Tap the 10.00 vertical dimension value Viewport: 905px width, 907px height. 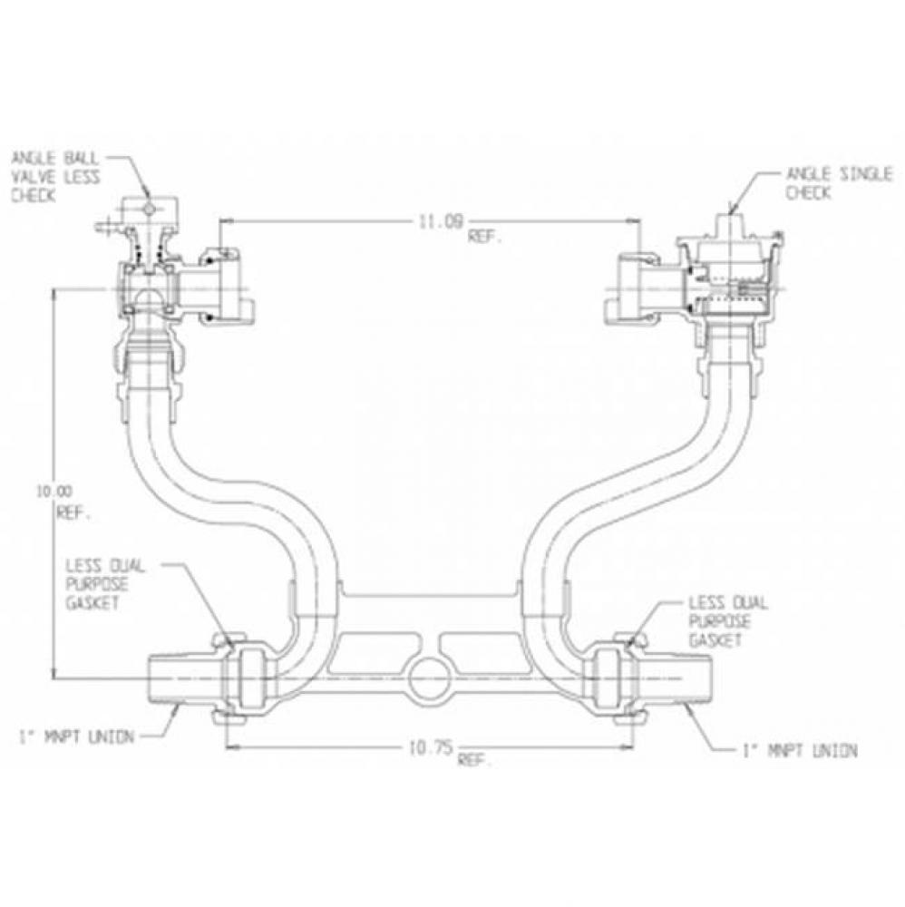pyautogui.click(x=53, y=493)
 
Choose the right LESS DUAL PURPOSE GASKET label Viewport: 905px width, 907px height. pyautogui.click(x=726, y=621)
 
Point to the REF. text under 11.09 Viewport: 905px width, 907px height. pyautogui.click(x=485, y=237)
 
